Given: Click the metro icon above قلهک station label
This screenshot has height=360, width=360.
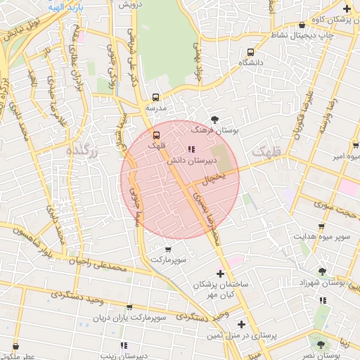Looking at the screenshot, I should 157,134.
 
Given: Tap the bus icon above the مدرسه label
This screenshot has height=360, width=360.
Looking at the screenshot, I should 156,98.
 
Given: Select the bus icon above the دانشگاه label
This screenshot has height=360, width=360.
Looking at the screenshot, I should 251,52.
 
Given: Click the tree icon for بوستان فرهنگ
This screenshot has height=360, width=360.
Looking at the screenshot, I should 214,120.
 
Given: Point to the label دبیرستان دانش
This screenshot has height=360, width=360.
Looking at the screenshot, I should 190,161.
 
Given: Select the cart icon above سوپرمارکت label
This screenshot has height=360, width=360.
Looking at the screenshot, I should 168,249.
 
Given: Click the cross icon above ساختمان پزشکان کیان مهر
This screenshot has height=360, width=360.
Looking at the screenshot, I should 221,273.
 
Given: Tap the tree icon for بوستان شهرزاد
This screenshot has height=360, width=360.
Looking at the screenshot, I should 322,271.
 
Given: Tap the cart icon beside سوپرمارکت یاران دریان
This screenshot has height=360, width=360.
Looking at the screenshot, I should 129,307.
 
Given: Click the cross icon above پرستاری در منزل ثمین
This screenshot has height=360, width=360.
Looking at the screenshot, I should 241,325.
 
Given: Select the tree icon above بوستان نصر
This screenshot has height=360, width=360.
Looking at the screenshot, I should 321,345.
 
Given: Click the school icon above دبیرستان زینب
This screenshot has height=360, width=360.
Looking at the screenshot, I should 124,345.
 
